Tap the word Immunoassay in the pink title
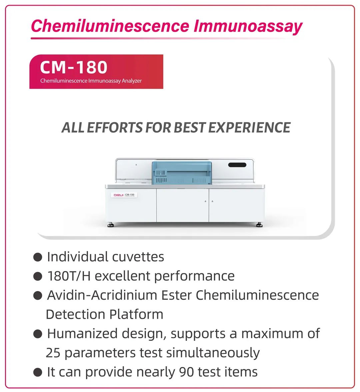click(248, 27)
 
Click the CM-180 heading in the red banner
click(74, 67)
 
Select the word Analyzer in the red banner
click(132, 81)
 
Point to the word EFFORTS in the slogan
click(115, 127)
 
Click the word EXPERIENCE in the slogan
click(249, 127)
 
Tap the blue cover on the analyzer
click(182, 173)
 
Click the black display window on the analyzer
click(237, 165)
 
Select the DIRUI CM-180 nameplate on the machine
click(124, 195)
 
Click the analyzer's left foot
click(111, 225)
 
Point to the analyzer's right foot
click(259, 225)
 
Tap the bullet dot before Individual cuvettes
click(37, 257)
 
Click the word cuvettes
click(138, 257)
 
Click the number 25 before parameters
click(53, 353)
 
